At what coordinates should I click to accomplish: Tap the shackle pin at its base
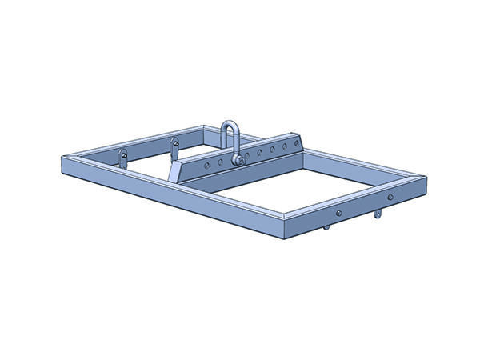coord(237,159)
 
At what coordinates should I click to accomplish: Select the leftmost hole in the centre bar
coord(206,166)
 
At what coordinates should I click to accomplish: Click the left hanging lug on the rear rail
coord(123,157)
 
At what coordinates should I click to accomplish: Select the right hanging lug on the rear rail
coord(174,147)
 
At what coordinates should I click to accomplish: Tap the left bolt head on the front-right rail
coord(338,213)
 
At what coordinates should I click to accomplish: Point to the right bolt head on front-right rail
coord(390,196)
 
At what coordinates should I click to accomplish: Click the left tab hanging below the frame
coord(326,227)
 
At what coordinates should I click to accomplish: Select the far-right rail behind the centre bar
coord(360,163)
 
